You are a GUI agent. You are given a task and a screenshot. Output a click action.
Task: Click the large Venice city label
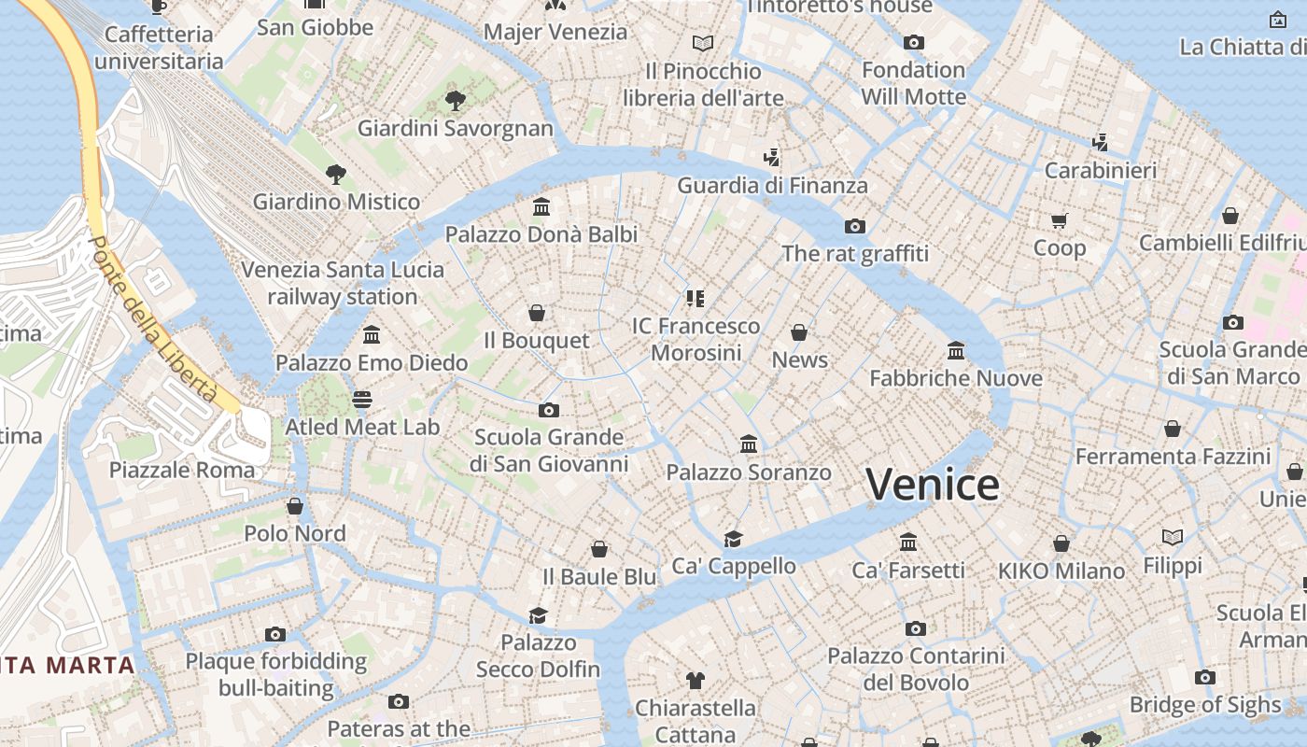[x=932, y=484]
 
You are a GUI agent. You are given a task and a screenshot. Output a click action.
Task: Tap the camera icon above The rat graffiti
[x=854, y=226]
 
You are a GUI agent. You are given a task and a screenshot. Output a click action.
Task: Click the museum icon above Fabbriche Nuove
[x=956, y=351]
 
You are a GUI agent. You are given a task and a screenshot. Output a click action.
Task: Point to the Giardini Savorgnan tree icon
[x=455, y=100]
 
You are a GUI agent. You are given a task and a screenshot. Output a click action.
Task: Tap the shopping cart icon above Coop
[x=1059, y=221]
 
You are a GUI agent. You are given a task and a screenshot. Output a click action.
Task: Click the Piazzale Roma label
[x=182, y=470]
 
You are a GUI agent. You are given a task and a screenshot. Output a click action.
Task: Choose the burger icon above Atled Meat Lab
[x=362, y=400]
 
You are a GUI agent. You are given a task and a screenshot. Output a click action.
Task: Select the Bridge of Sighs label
[x=1204, y=704]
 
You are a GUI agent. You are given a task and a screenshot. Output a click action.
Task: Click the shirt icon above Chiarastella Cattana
[x=695, y=680]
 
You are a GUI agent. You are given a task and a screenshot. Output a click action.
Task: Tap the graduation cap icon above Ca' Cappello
[x=733, y=539]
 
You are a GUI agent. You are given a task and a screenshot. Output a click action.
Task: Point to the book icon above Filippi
[x=1173, y=537]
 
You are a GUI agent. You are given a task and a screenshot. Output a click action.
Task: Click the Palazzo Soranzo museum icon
[x=749, y=444]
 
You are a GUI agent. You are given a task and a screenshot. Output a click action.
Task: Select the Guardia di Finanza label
[x=772, y=185]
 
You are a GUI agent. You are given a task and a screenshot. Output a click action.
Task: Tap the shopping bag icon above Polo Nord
[x=295, y=506]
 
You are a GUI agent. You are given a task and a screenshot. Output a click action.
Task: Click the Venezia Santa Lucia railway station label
[x=343, y=283]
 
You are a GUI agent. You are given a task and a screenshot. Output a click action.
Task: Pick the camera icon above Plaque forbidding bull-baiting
[x=274, y=635]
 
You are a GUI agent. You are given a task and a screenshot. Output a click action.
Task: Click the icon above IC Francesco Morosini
[x=695, y=299]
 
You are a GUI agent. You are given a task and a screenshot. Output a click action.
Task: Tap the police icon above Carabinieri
[x=1101, y=143]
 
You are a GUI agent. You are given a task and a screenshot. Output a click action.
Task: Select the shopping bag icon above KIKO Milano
[x=1061, y=543]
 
